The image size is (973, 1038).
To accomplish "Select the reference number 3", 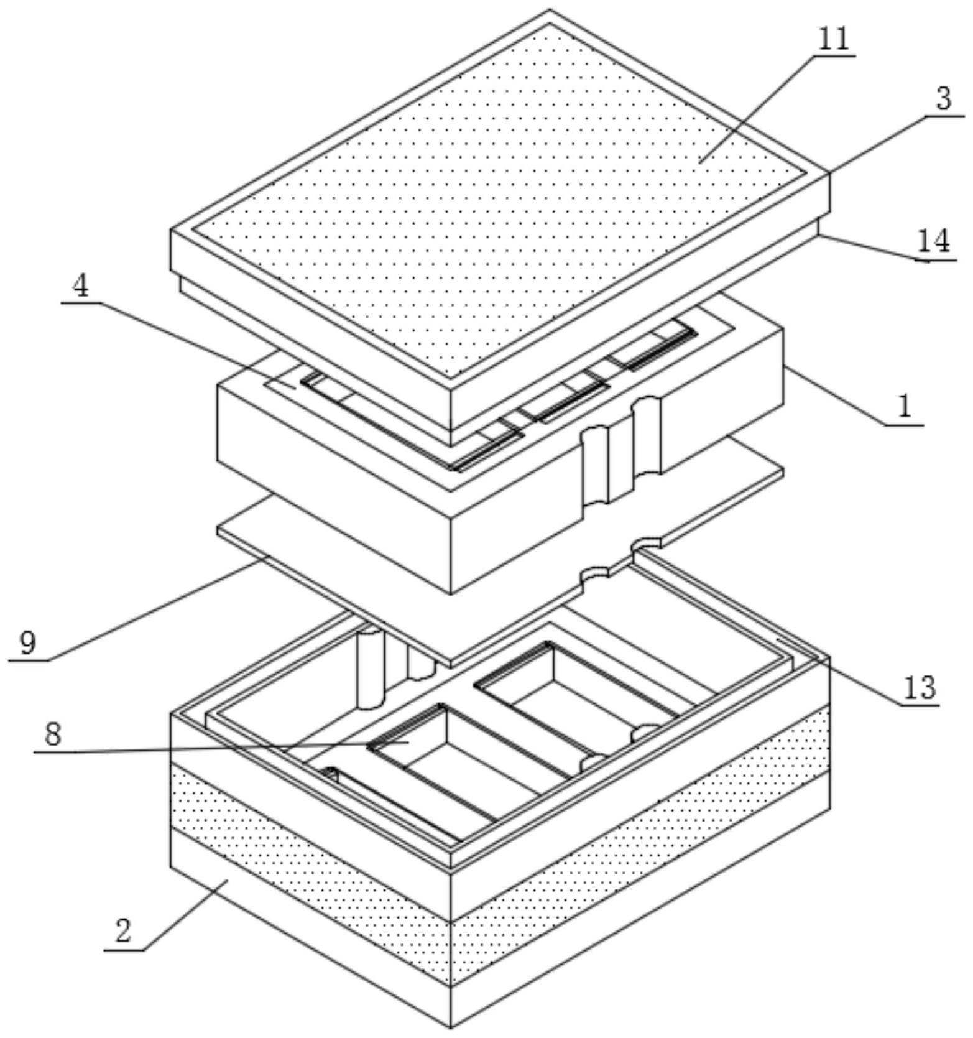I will [x=943, y=99].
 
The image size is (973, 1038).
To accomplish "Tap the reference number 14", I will [x=934, y=241].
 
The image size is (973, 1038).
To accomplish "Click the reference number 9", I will [x=28, y=643].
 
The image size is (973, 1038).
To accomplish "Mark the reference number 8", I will [x=53, y=734].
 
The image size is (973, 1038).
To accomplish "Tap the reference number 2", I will [x=123, y=931].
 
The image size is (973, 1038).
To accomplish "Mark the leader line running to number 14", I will [x=870, y=248].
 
